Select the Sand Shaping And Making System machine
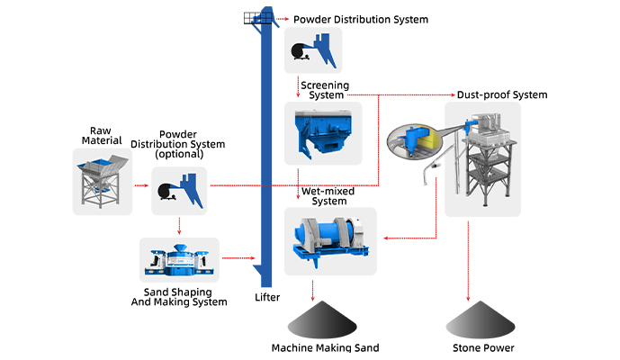tap(179, 259)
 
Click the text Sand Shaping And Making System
tap(179, 297)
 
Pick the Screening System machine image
tap(322, 133)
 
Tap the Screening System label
tap(326, 90)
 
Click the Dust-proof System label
tap(503, 94)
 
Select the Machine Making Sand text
tap(325, 347)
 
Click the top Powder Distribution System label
tap(361, 19)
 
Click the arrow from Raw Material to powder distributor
tap(140, 186)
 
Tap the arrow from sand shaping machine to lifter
tap(236, 259)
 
